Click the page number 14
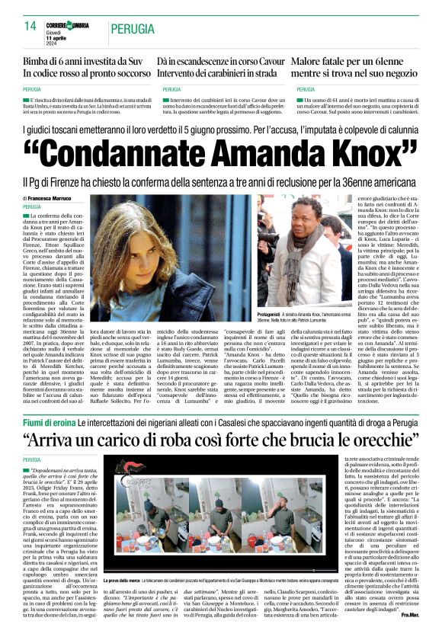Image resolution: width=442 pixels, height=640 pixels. point(30,26)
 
